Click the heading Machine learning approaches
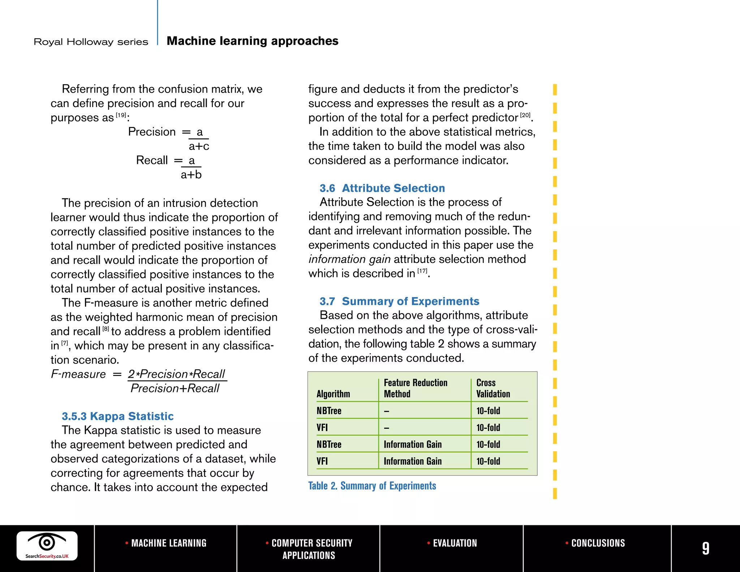(252, 41)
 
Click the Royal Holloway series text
(91, 42)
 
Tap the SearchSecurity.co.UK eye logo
(47, 545)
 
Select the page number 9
(705, 548)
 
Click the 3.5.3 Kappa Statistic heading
(117, 416)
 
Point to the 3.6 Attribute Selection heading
(382, 188)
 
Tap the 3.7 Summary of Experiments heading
(399, 301)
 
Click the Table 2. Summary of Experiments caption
(372, 486)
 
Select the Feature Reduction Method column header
(415, 388)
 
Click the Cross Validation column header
(493, 388)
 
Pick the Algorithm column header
(333, 394)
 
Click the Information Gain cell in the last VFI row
(412, 461)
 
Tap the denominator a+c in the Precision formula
(199, 146)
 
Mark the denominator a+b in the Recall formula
(191, 175)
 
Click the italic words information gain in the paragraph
(349, 259)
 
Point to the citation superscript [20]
(525, 115)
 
